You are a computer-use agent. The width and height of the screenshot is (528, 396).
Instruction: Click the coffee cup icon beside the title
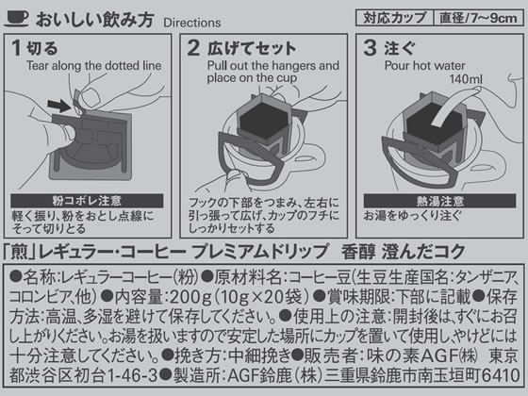17,18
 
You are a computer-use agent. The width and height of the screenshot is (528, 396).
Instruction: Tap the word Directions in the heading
192,23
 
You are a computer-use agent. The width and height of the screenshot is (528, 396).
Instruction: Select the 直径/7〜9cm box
478,18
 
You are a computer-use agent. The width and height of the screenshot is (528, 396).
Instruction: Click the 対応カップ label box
394,18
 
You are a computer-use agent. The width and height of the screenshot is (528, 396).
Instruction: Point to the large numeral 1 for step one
16,47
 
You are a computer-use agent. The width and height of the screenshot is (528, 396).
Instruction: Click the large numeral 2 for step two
193,47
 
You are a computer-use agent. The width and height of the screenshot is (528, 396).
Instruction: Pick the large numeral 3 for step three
370,47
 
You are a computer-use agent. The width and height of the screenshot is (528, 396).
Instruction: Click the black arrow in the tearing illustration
59,106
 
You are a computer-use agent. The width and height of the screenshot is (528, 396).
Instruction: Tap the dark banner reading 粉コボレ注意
87,201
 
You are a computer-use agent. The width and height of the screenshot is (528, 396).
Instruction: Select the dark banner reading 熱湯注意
439,201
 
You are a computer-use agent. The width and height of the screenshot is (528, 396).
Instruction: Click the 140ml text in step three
466,79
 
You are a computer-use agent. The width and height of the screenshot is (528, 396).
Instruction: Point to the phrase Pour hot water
424,65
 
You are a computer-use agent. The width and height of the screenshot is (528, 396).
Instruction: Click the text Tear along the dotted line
94,65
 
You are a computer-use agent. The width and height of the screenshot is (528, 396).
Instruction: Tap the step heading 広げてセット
252,48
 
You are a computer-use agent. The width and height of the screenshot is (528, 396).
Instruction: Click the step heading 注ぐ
400,48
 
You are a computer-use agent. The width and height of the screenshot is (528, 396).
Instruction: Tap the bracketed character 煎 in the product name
19,252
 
